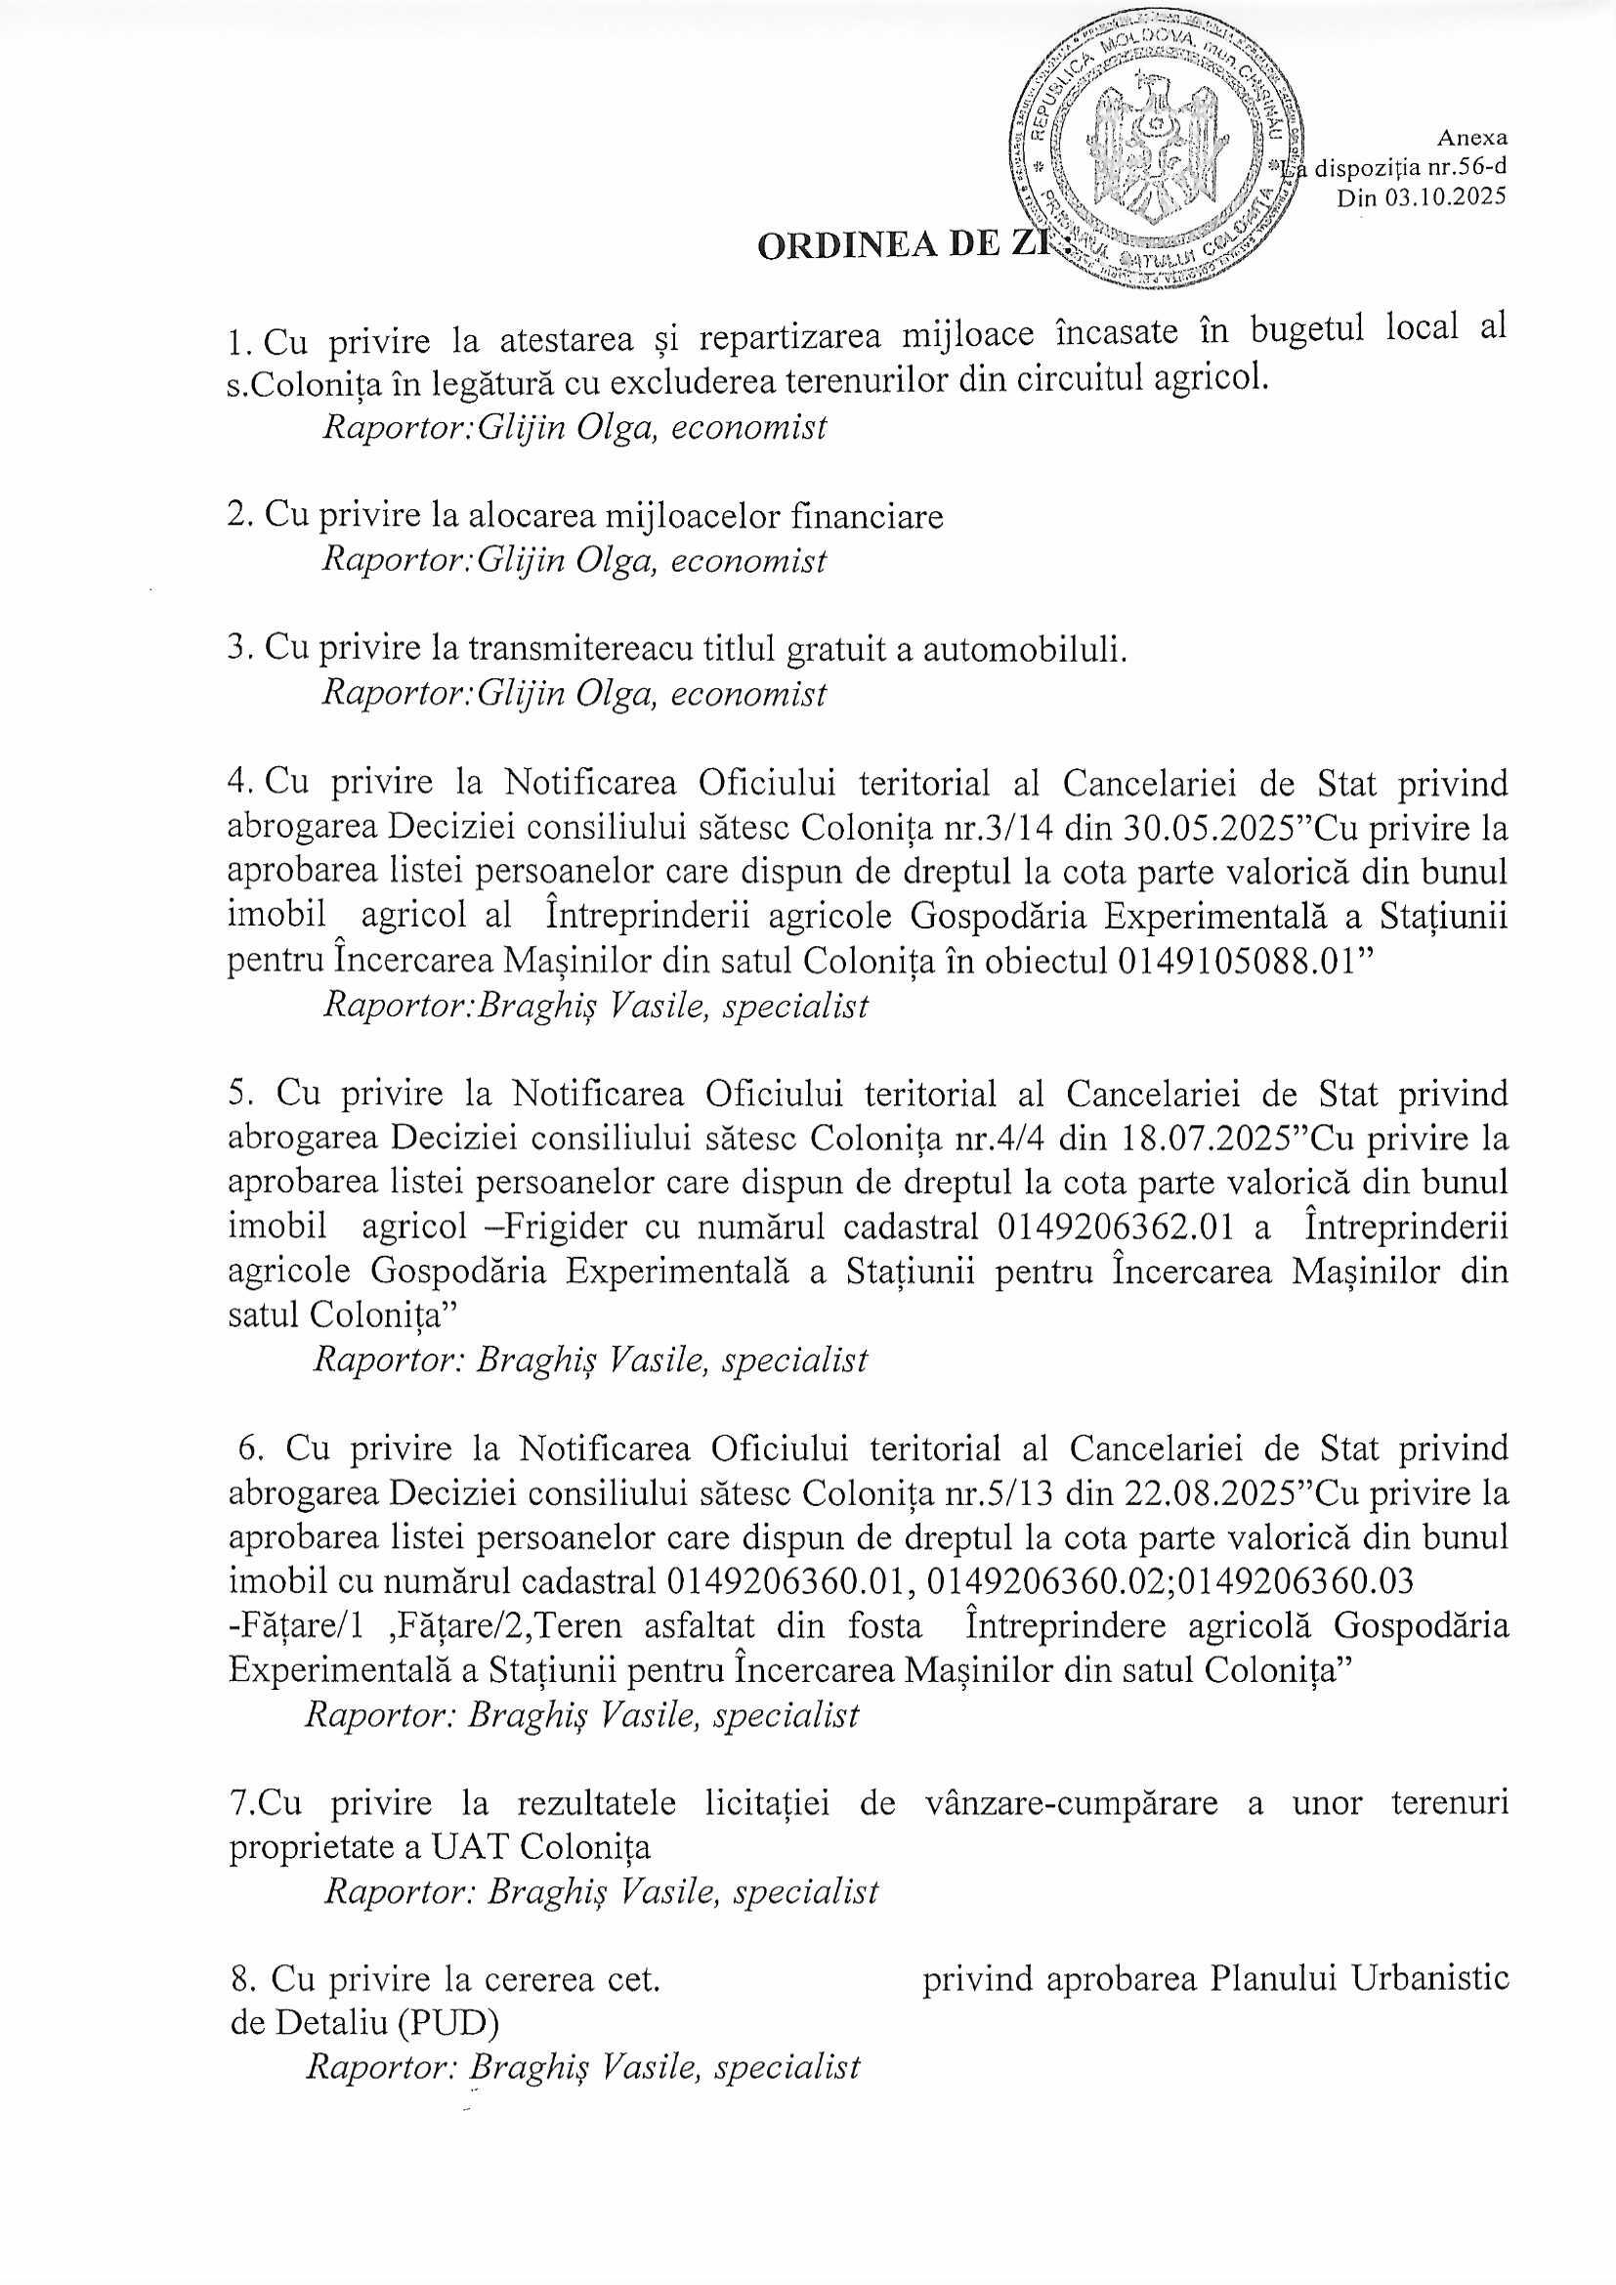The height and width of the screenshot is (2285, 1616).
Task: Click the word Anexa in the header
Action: [1471, 139]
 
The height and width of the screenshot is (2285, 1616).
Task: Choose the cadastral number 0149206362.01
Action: [1115, 1227]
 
